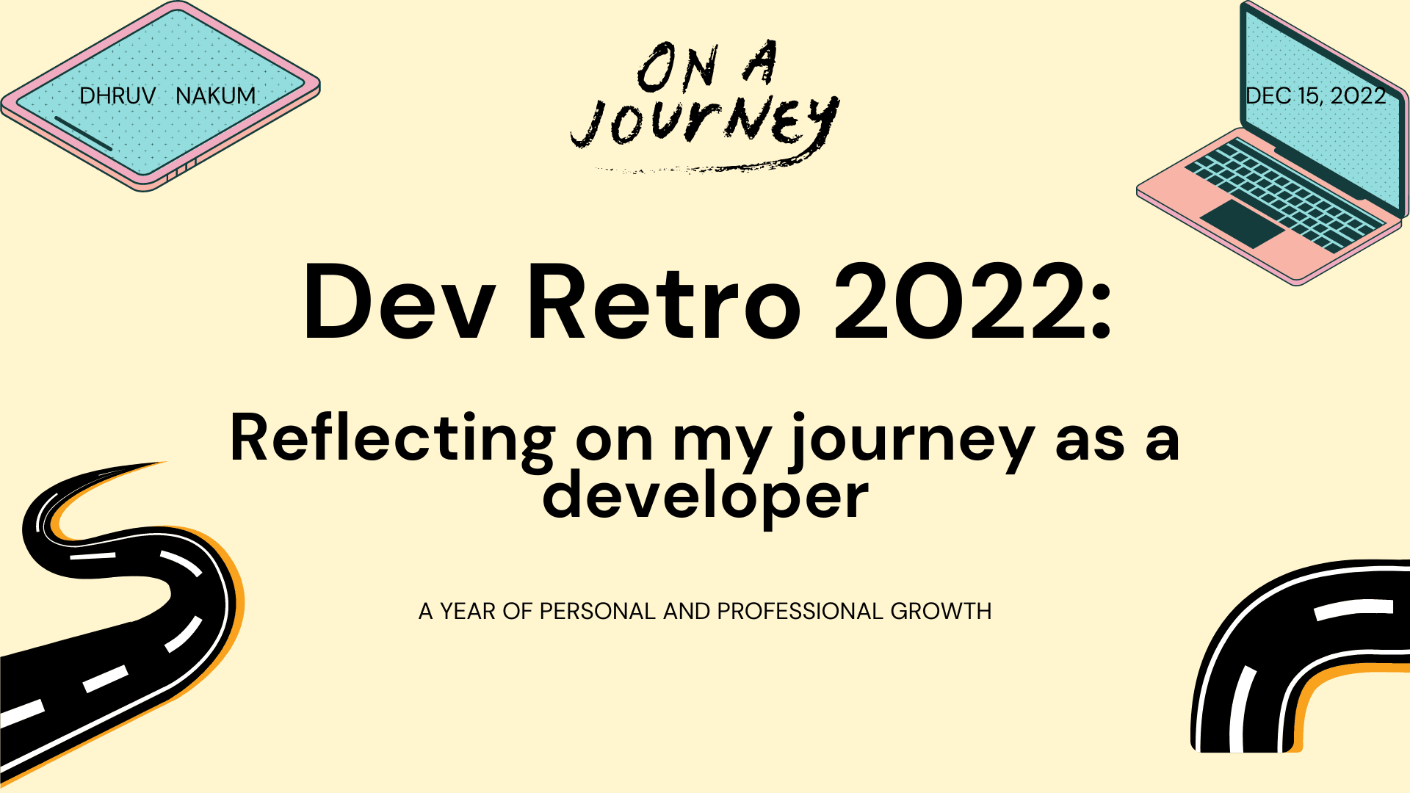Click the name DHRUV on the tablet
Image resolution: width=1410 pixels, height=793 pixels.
117,95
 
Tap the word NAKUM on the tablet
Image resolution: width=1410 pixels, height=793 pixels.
216,95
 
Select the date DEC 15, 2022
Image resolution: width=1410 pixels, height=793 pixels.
1315,95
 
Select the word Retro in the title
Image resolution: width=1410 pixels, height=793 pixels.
663,303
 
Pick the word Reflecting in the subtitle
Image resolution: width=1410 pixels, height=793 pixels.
392,439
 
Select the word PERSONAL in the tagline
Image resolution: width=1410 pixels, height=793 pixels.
597,611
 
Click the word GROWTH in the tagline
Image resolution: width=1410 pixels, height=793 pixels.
941,611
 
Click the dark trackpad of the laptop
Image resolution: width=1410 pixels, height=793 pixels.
1243,222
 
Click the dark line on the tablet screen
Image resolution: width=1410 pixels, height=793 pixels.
83,133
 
